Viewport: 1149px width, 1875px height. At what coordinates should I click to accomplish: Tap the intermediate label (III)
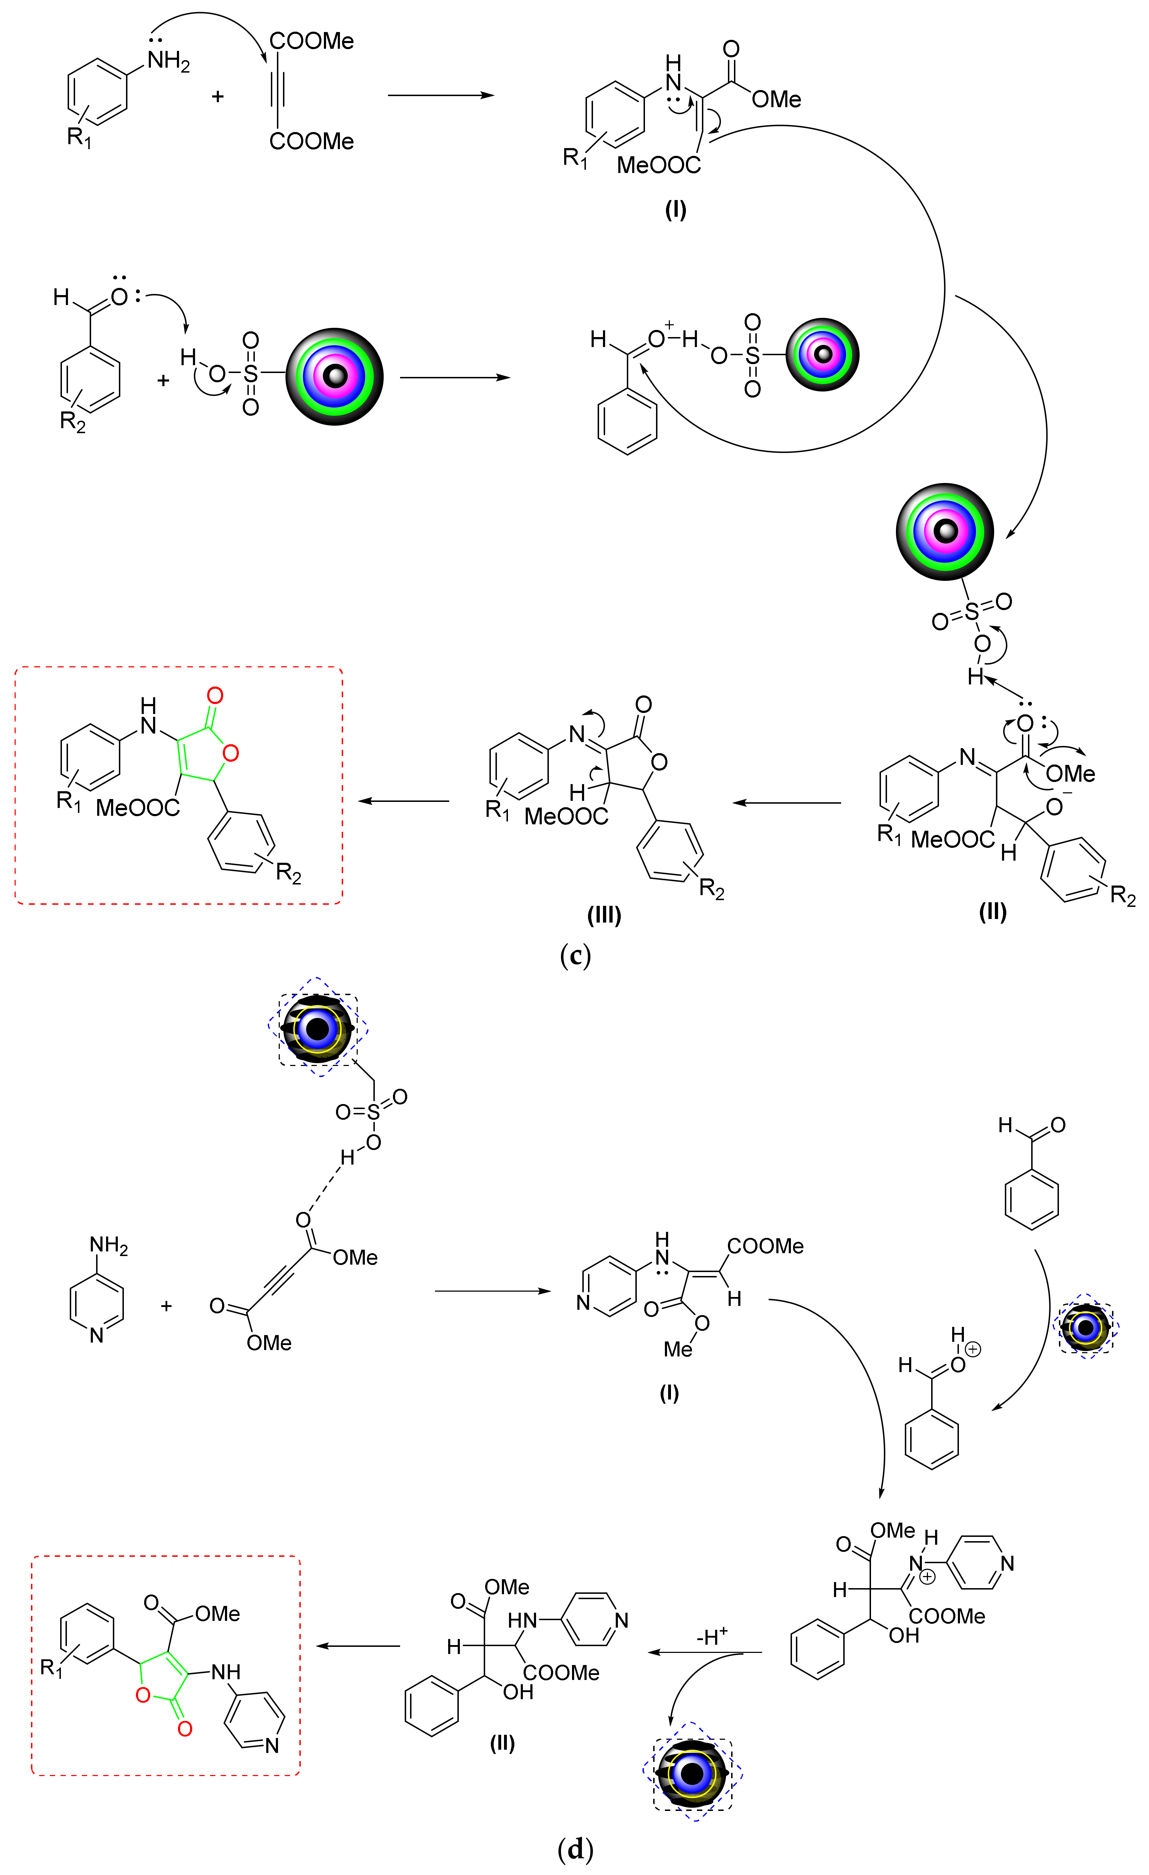coord(604,915)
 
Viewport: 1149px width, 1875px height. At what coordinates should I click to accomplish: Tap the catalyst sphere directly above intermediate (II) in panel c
coord(945,531)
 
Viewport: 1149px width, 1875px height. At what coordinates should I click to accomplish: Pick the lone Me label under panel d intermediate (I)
coord(677,1349)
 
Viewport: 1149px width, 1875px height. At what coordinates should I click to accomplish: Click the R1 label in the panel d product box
coord(51,1669)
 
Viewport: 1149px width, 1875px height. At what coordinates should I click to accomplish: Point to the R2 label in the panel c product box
coord(288,873)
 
